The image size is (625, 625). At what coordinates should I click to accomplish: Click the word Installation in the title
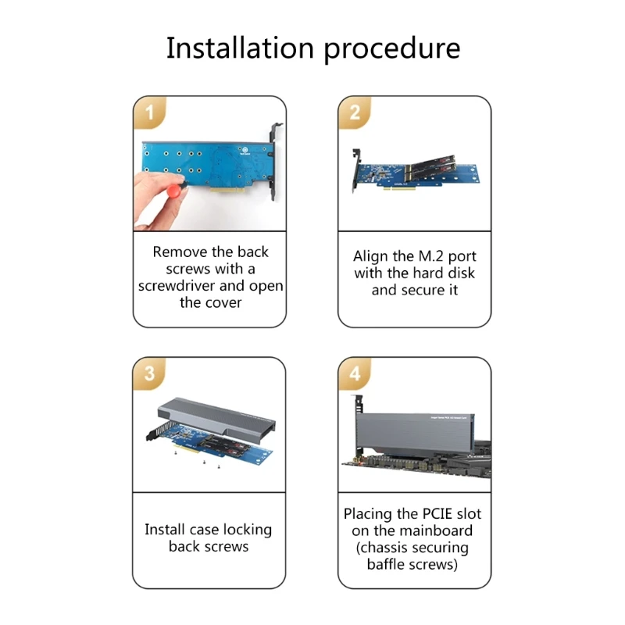click(x=240, y=48)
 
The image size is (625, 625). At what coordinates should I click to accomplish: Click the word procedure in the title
click(x=392, y=50)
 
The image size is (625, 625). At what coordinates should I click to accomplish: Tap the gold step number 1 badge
click(x=149, y=112)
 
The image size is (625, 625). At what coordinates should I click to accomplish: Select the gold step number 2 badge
click(x=355, y=112)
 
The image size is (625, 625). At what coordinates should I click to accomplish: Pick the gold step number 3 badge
click(x=149, y=373)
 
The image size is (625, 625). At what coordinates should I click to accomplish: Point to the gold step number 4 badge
click(x=355, y=373)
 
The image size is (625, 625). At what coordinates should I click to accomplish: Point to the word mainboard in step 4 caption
click(x=439, y=530)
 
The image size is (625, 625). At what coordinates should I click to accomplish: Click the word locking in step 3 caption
click(x=247, y=530)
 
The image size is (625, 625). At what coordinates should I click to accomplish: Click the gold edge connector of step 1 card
click(x=227, y=190)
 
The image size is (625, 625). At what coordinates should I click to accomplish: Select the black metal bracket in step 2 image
click(x=356, y=170)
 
